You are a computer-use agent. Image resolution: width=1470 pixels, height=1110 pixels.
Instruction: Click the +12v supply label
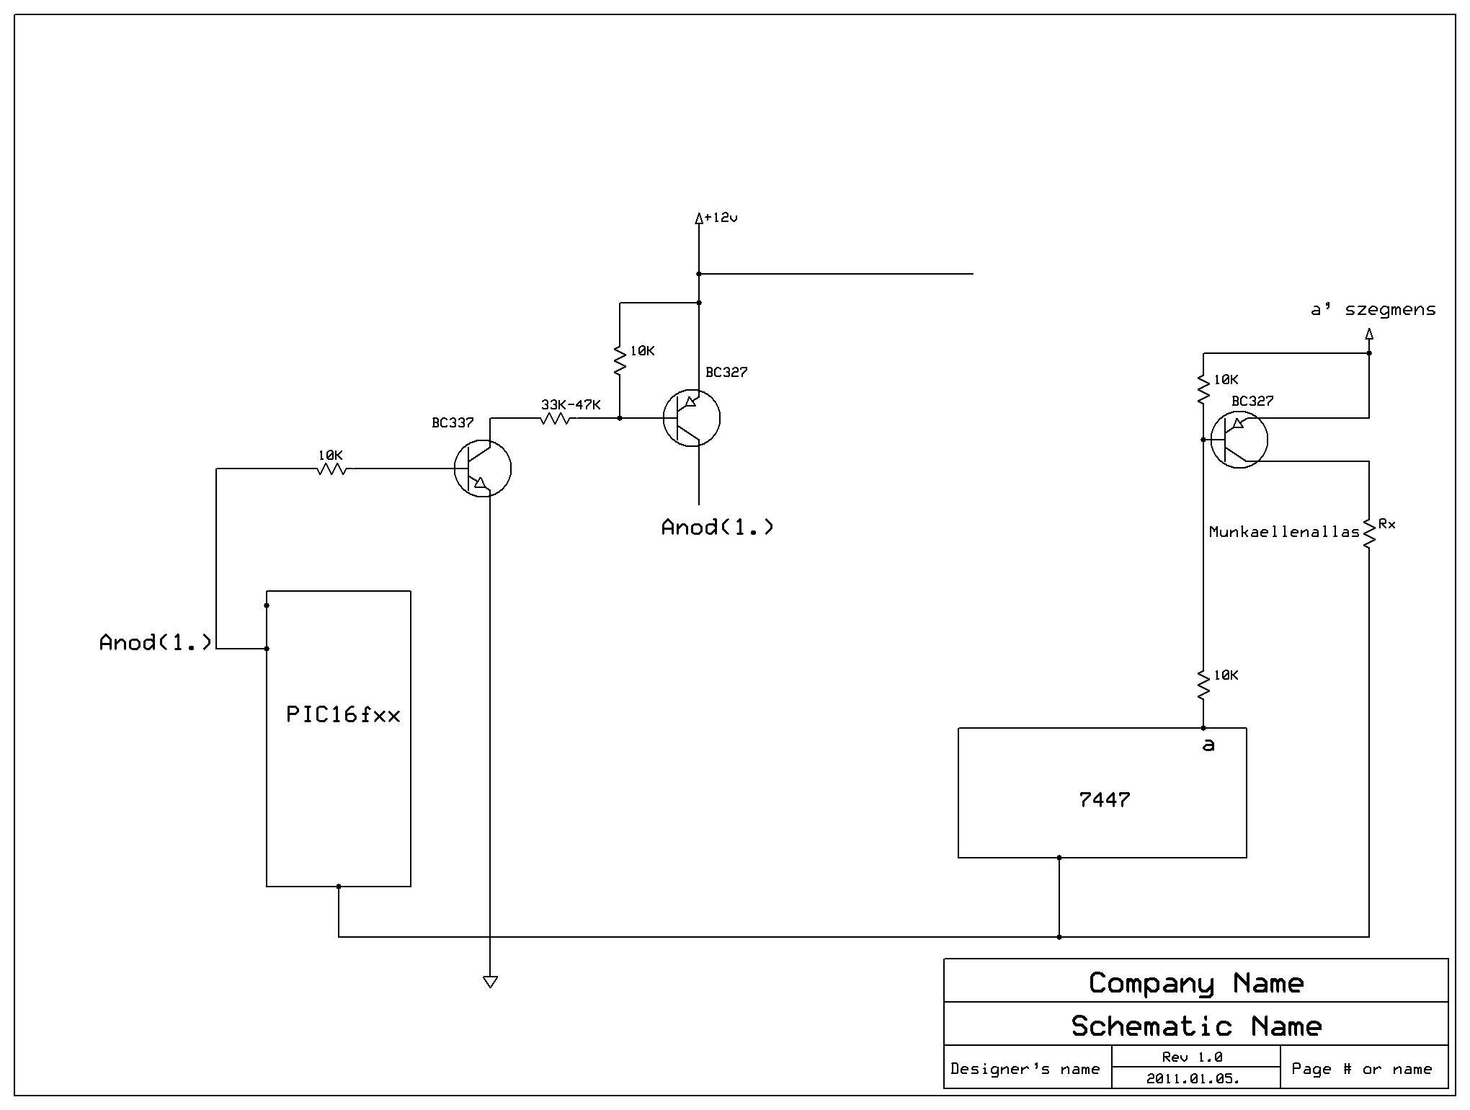click(x=721, y=217)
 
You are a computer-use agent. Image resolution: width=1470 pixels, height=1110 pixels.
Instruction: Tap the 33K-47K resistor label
click(x=571, y=404)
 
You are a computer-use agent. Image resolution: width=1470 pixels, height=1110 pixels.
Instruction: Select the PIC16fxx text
click(x=343, y=714)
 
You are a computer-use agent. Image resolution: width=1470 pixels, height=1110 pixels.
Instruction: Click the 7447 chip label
click(x=1104, y=799)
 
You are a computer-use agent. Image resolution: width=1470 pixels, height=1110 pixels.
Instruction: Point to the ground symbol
click(x=490, y=982)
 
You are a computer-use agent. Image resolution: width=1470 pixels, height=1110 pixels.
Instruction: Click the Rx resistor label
click(x=1386, y=524)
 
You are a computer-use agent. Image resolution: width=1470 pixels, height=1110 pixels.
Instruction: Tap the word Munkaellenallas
click(x=1284, y=532)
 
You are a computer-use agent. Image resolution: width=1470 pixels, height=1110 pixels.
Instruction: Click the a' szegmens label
click(x=1373, y=310)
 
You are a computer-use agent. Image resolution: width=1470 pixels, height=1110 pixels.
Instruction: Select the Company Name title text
click(x=1196, y=983)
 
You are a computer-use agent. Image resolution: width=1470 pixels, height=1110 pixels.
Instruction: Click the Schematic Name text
click(x=1196, y=1026)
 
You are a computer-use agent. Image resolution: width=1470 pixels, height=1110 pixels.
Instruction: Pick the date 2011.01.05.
click(x=1193, y=1079)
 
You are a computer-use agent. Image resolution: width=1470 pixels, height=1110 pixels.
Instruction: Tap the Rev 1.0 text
click(x=1192, y=1057)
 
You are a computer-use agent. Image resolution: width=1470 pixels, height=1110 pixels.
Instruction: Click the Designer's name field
click(x=1025, y=1069)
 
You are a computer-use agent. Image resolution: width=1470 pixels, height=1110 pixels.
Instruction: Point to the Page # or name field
click(x=1361, y=1069)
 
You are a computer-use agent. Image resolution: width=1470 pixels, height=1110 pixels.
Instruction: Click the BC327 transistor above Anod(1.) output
click(x=692, y=418)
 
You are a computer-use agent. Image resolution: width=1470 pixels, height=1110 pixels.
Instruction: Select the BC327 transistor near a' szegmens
click(x=1239, y=440)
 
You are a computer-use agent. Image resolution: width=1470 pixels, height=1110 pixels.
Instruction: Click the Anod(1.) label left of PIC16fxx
click(x=155, y=642)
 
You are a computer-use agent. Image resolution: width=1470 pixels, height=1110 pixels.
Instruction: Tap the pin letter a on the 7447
click(x=1208, y=745)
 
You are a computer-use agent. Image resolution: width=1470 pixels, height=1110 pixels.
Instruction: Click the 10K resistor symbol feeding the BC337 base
click(x=331, y=469)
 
